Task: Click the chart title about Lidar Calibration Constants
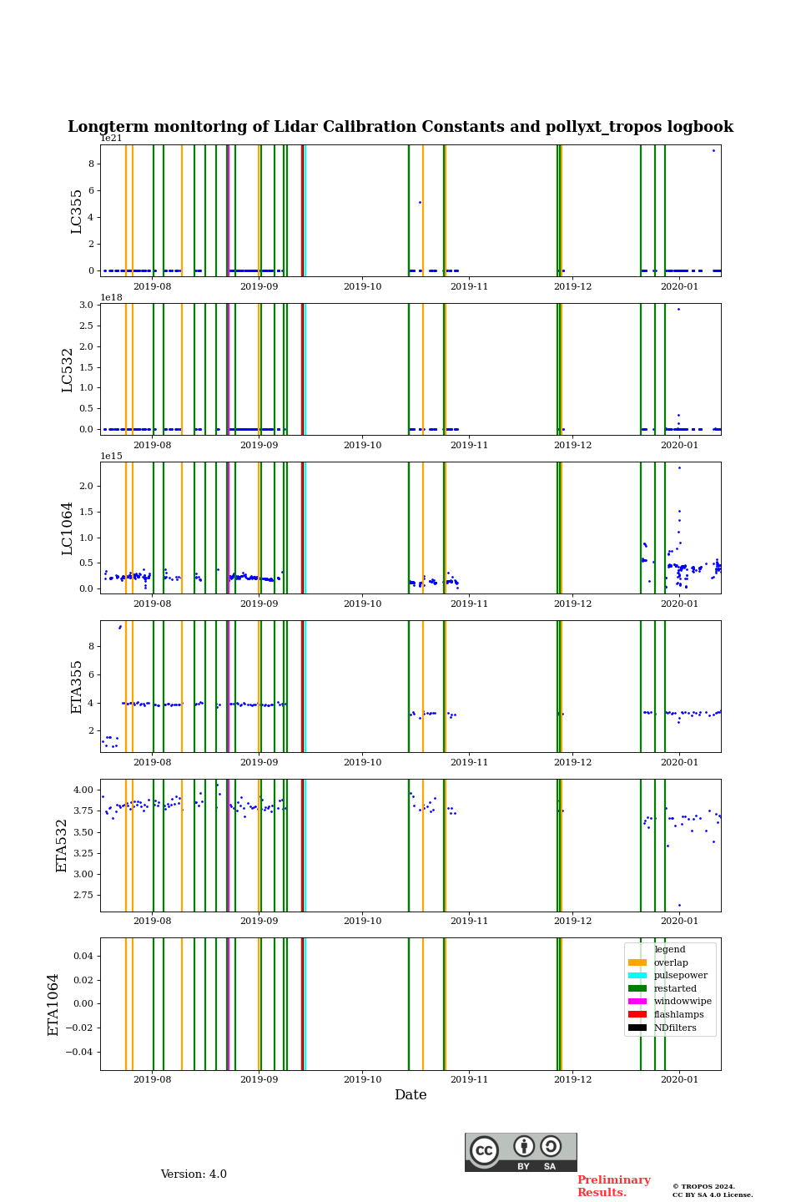click(x=400, y=127)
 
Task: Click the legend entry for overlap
click(x=670, y=962)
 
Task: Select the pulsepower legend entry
click(x=680, y=975)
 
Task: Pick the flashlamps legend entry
click(x=678, y=1014)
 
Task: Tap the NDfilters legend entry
click(x=674, y=1028)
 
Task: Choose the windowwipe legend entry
click(x=682, y=1001)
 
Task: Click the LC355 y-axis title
click(x=77, y=211)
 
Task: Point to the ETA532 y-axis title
click(x=62, y=846)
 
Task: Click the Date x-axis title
click(x=411, y=1095)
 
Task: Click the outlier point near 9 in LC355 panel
click(x=713, y=150)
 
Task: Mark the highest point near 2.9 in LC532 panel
click(x=678, y=309)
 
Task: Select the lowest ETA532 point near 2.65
click(x=679, y=905)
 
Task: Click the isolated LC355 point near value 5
click(x=420, y=202)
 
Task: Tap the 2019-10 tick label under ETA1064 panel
click(x=363, y=1079)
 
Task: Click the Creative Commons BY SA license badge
click(x=521, y=1152)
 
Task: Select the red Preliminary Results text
click(x=613, y=1186)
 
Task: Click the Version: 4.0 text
click(x=194, y=1174)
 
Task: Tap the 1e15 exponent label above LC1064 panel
click(x=111, y=456)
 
